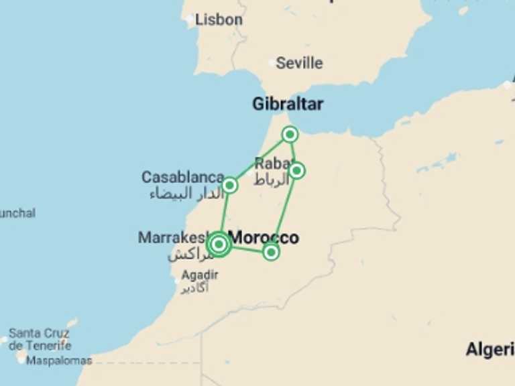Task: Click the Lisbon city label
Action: (219, 20)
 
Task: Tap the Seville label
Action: (299, 63)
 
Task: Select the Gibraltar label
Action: (288, 104)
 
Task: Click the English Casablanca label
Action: (182, 178)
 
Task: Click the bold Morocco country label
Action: (264, 237)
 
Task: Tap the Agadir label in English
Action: (200, 275)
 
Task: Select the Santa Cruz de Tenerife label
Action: (40, 339)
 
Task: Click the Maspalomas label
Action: (59, 361)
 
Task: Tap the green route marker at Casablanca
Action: (229, 185)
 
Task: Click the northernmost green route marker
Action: (290, 135)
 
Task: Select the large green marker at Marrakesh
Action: (219, 245)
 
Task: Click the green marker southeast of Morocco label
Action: (271, 252)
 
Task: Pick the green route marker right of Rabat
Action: (297, 170)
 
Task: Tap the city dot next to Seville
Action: (272, 64)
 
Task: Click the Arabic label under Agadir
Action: (196, 287)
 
